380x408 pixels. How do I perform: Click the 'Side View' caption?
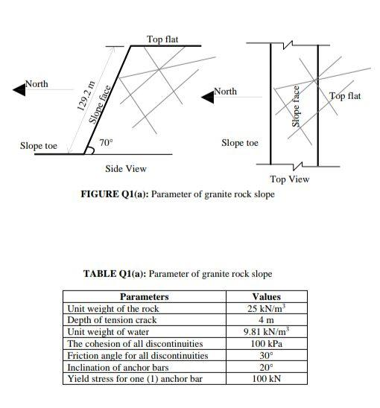(126, 169)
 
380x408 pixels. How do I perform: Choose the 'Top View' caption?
(290, 179)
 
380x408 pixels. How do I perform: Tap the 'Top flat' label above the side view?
(162, 39)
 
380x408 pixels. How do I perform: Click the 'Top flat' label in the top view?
(345, 96)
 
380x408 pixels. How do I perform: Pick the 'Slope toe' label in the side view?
(39, 146)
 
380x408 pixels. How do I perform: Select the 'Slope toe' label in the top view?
(240, 142)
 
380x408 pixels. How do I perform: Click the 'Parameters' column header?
(144, 297)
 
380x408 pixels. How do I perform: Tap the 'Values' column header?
(266, 297)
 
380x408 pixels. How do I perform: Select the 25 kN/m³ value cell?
(266, 308)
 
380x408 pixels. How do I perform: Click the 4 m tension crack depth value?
(266, 320)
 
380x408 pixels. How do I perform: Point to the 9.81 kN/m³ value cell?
(266, 331)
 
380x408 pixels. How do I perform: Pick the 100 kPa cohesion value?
(266, 343)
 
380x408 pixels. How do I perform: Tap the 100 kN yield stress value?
(266, 379)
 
